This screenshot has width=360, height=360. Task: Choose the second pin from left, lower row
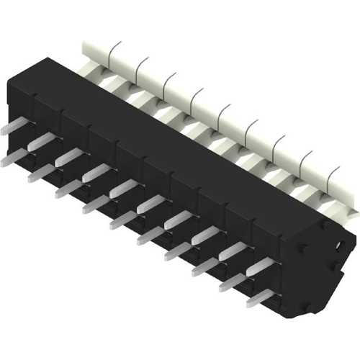coord(40,171)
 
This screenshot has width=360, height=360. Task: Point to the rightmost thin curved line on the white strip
coord(333,174)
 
